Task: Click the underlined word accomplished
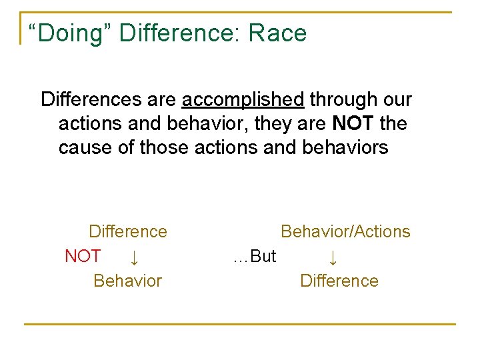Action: [243, 100]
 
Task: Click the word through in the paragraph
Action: [342, 100]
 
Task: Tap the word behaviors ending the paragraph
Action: [347, 147]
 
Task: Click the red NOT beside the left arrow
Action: [83, 256]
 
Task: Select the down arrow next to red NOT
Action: [133, 257]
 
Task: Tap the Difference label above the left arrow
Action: [128, 232]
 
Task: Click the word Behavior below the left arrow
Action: [128, 281]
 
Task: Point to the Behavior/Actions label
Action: [345, 232]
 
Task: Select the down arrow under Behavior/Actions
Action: [333, 257]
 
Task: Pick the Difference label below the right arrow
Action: [339, 281]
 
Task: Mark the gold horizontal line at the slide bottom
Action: [240, 325]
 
